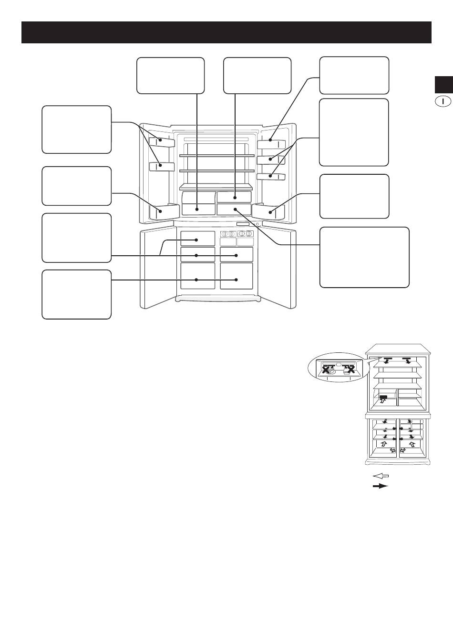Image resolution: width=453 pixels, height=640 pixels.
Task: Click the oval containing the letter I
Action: coord(443,101)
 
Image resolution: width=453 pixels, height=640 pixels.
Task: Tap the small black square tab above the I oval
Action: coord(444,85)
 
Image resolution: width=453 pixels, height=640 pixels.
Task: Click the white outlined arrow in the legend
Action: coord(381,476)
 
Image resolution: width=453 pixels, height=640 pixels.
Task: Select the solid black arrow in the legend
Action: coord(381,486)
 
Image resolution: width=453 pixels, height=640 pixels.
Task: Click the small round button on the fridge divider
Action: coord(257,224)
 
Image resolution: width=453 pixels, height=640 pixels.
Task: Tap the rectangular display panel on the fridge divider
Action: coord(243,224)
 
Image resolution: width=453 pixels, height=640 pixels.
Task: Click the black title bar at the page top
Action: coord(226,32)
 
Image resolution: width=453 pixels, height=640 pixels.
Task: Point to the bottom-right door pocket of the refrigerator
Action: coord(268,211)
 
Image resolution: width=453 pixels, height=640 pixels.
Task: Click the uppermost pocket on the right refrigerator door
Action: coord(271,144)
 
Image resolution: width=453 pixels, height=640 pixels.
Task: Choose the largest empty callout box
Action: coord(364,257)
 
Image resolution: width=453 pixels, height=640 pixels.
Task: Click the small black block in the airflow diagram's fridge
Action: coord(383,397)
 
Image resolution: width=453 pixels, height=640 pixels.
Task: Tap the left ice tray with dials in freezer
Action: coord(228,234)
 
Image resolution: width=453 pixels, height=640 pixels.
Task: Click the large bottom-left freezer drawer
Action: coord(198,276)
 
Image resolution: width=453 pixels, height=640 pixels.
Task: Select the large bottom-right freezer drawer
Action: coord(237,276)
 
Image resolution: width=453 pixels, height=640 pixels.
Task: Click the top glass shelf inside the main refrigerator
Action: coord(217,156)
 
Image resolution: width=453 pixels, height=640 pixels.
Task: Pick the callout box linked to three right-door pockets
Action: coord(354,132)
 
